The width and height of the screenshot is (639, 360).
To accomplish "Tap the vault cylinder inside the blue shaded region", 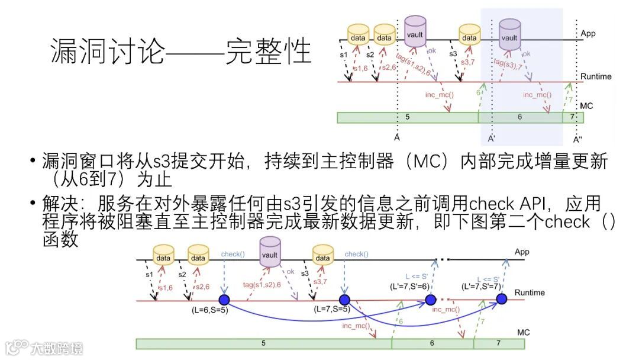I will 509,34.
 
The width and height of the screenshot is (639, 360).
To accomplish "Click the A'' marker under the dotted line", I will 577,140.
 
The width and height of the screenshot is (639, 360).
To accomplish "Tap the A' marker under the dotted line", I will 490,140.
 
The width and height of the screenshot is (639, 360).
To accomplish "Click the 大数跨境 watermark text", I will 57,348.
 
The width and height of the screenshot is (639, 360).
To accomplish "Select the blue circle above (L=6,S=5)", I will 224,300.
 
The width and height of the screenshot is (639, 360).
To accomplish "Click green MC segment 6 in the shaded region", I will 519,117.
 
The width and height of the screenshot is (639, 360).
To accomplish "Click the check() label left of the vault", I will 233,254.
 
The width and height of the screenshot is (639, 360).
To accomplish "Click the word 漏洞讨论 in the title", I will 107,52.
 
